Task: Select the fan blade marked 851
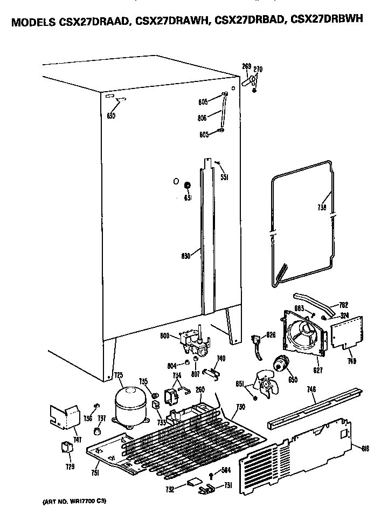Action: click(x=266, y=383)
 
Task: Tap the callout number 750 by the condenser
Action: click(x=240, y=406)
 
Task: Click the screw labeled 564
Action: click(x=211, y=475)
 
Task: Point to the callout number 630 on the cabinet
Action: click(x=110, y=115)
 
